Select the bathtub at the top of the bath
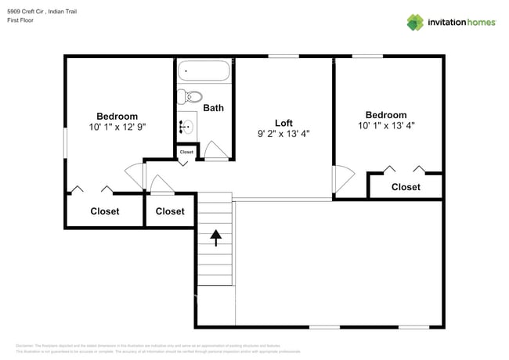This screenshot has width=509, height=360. pyautogui.click(x=204, y=71)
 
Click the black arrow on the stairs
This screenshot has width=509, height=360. pyautogui.click(x=215, y=234)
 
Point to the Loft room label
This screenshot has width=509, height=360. pyautogui.click(x=283, y=123)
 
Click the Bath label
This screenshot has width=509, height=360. pyautogui.click(x=213, y=108)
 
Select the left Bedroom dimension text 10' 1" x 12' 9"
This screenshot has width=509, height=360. pyautogui.click(x=117, y=127)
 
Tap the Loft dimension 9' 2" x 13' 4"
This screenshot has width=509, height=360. pyautogui.click(x=283, y=134)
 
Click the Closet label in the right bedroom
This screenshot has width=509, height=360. pyautogui.click(x=406, y=187)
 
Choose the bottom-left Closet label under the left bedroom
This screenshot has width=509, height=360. pyautogui.click(x=105, y=211)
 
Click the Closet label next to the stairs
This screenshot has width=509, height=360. pyautogui.click(x=170, y=211)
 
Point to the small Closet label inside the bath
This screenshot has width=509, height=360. pyautogui.click(x=186, y=152)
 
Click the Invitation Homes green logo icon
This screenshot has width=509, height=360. pyautogui.click(x=414, y=22)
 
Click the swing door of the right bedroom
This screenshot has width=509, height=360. pyautogui.click(x=338, y=180)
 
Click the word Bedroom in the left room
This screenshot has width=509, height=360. pyautogui.click(x=117, y=117)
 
